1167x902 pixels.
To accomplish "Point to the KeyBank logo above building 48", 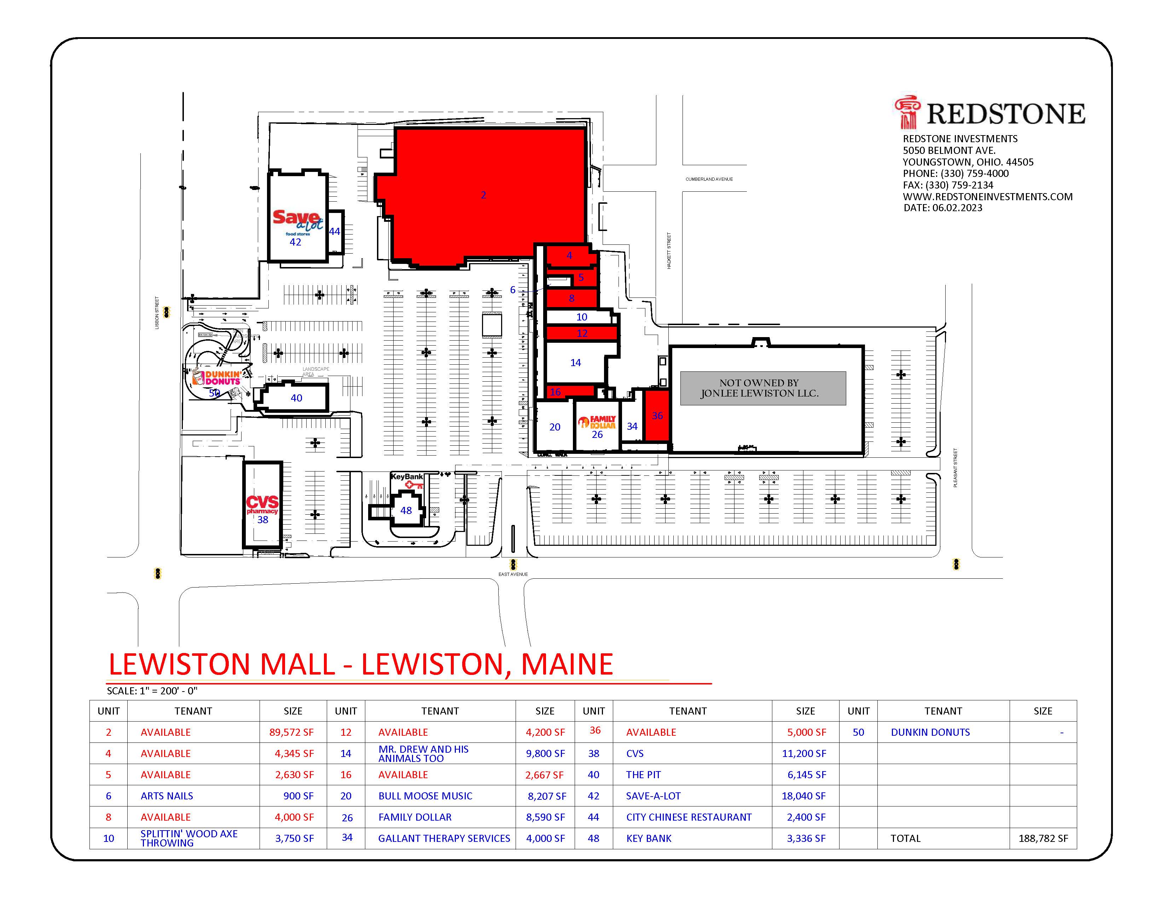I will pyautogui.click(x=407, y=480).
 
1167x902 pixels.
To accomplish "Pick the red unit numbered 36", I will pyautogui.click(x=657, y=416).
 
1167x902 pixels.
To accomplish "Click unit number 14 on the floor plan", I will pyautogui.click(x=575, y=363).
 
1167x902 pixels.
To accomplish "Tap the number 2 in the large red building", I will pyautogui.click(x=483, y=195).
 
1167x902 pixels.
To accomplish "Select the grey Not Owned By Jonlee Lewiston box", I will pyautogui.click(x=762, y=388).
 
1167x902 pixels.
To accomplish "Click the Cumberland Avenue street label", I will pyautogui.click(x=709, y=179).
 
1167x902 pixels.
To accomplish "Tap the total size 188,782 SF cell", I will pyautogui.click(x=1043, y=838).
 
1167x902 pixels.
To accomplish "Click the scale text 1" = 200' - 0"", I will pyautogui.click(x=152, y=691).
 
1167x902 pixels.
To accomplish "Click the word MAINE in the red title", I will pyautogui.click(x=567, y=664).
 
